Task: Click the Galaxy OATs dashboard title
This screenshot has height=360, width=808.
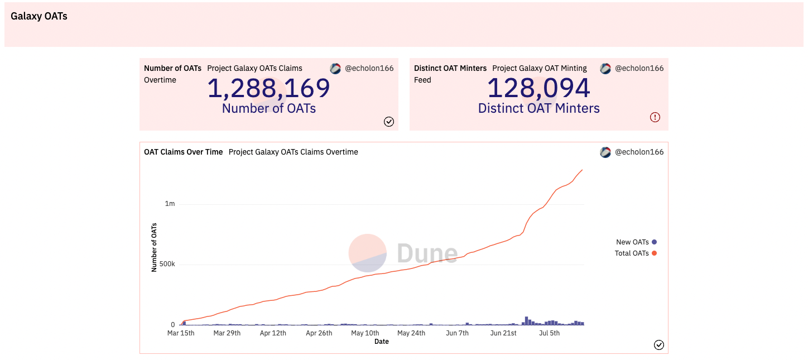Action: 39,16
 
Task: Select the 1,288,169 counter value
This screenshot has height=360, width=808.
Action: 269,88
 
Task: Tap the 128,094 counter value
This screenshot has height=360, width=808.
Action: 538,88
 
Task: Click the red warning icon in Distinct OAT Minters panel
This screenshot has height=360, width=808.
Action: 655,117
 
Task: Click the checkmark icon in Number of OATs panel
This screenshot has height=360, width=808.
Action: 389,122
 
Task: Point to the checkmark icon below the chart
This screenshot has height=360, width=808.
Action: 659,345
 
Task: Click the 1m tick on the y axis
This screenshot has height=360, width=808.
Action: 170,204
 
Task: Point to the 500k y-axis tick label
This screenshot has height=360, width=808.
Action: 167,265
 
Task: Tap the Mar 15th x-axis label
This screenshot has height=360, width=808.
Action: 181,333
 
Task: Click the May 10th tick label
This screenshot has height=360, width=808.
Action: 365,333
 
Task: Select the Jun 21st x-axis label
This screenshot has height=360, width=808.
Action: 503,333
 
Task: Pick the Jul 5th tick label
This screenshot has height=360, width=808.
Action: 549,333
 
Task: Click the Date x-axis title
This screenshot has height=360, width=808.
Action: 382,342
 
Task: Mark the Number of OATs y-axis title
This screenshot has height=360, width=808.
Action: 154,247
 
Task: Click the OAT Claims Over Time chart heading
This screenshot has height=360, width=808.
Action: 183,152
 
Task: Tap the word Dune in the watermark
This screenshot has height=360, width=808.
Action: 427,253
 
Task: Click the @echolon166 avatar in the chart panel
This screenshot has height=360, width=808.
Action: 605,152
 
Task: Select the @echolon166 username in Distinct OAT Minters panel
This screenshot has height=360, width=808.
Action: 639,68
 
